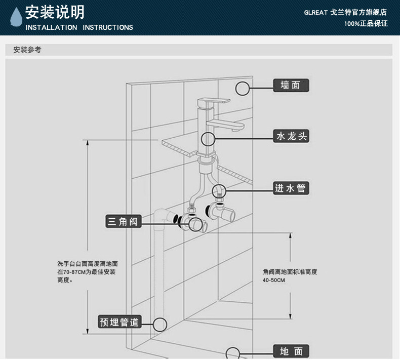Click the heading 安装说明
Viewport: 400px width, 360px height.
pos(55,12)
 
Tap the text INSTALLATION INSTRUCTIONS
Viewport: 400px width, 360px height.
pos(79,27)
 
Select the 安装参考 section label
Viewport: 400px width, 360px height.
pos(27,50)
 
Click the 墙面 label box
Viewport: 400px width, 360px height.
pos(291,85)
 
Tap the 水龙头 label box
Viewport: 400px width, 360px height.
pos(291,136)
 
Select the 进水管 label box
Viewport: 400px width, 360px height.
pos(290,188)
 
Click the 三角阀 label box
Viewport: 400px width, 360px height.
pos(123,221)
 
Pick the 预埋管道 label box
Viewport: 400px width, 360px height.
pos(119,322)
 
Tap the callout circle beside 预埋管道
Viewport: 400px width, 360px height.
pos(159,324)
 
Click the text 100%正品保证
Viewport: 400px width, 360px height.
pos(366,23)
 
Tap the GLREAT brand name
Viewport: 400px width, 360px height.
pos(315,13)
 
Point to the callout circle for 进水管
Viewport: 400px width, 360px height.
pos(219,190)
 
